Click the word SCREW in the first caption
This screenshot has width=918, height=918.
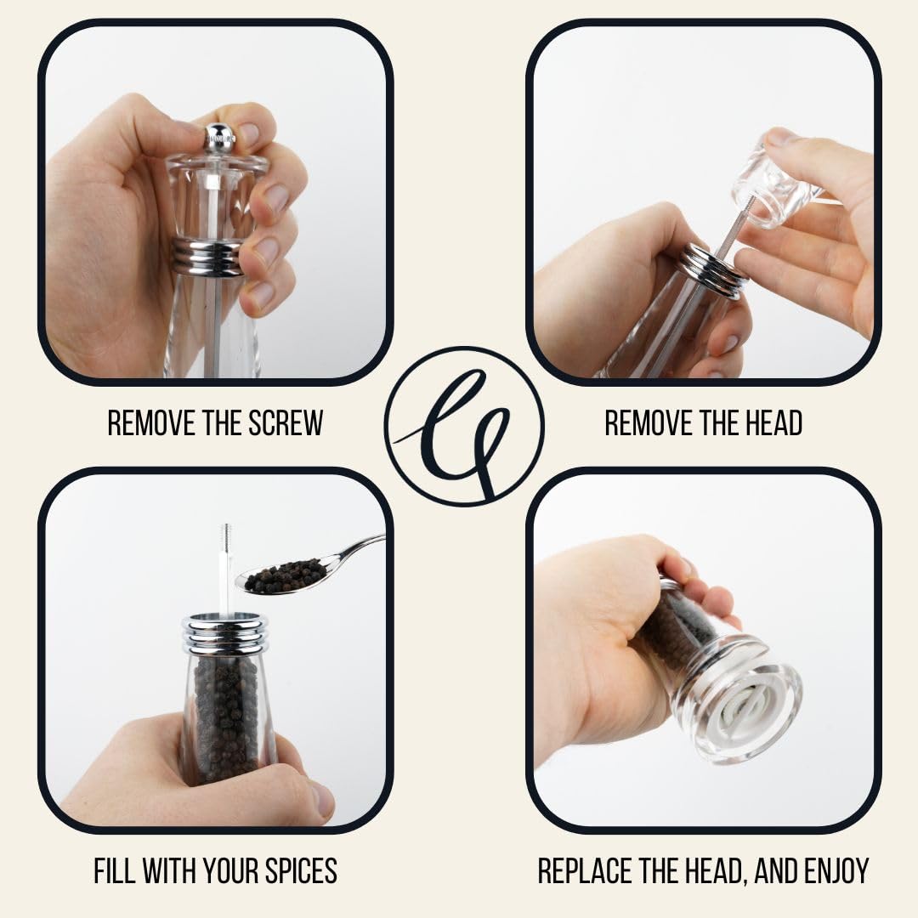click(x=286, y=422)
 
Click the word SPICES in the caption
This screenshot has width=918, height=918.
click(x=301, y=870)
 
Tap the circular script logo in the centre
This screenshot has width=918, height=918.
click(x=464, y=426)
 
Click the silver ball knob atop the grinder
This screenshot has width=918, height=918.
click(x=219, y=136)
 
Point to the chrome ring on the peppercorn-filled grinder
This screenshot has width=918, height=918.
click(x=224, y=633)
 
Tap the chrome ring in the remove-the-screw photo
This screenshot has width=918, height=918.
click(x=207, y=256)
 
